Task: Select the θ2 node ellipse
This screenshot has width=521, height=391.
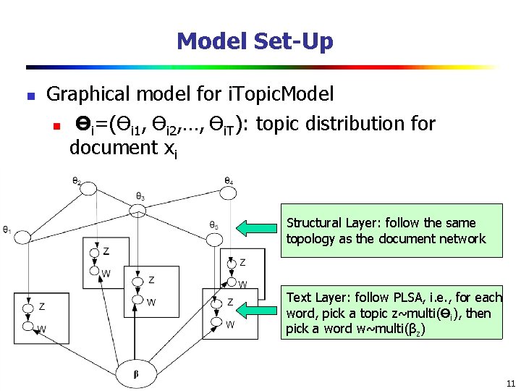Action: (x=88, y=188)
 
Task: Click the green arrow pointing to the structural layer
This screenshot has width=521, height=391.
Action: (x=260, y=229)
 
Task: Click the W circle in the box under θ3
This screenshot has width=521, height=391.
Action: (x=137, y=300)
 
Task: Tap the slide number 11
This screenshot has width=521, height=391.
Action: (x=510, y=383)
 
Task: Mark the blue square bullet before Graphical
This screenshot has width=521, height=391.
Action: (x=28, y=96)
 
